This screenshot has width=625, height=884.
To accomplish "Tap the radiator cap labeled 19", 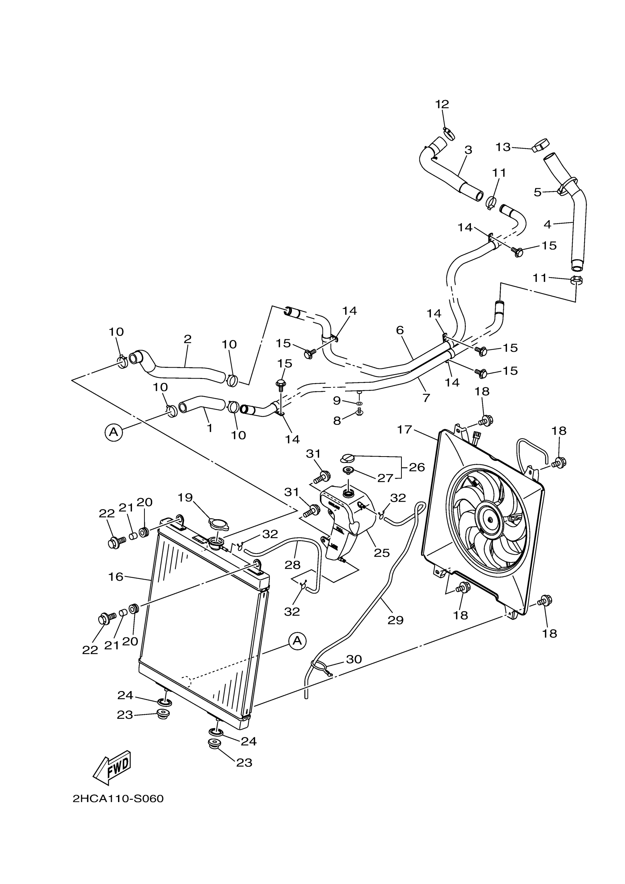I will (218, 524).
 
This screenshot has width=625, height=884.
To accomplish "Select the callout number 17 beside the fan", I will (404, 429).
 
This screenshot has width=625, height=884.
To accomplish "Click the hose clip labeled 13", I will (540, 146).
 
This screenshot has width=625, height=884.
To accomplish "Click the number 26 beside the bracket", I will (417, 468).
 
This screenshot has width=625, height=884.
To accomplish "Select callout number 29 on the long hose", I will (395, 620).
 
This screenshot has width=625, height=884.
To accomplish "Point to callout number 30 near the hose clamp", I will (354, 659).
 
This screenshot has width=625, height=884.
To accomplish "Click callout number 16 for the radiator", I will (115, 577).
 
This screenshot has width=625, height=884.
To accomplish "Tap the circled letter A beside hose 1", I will (114, 432).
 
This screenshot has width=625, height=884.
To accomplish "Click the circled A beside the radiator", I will (297, 641).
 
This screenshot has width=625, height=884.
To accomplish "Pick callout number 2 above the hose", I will (187, 339).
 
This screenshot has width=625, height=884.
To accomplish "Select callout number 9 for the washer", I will (337, 401).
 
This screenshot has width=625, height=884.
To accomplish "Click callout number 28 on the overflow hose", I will (292, 565).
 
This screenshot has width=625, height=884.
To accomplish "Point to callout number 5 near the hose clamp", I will (537, 192).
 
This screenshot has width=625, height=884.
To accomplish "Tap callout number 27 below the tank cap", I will (385, 478).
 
